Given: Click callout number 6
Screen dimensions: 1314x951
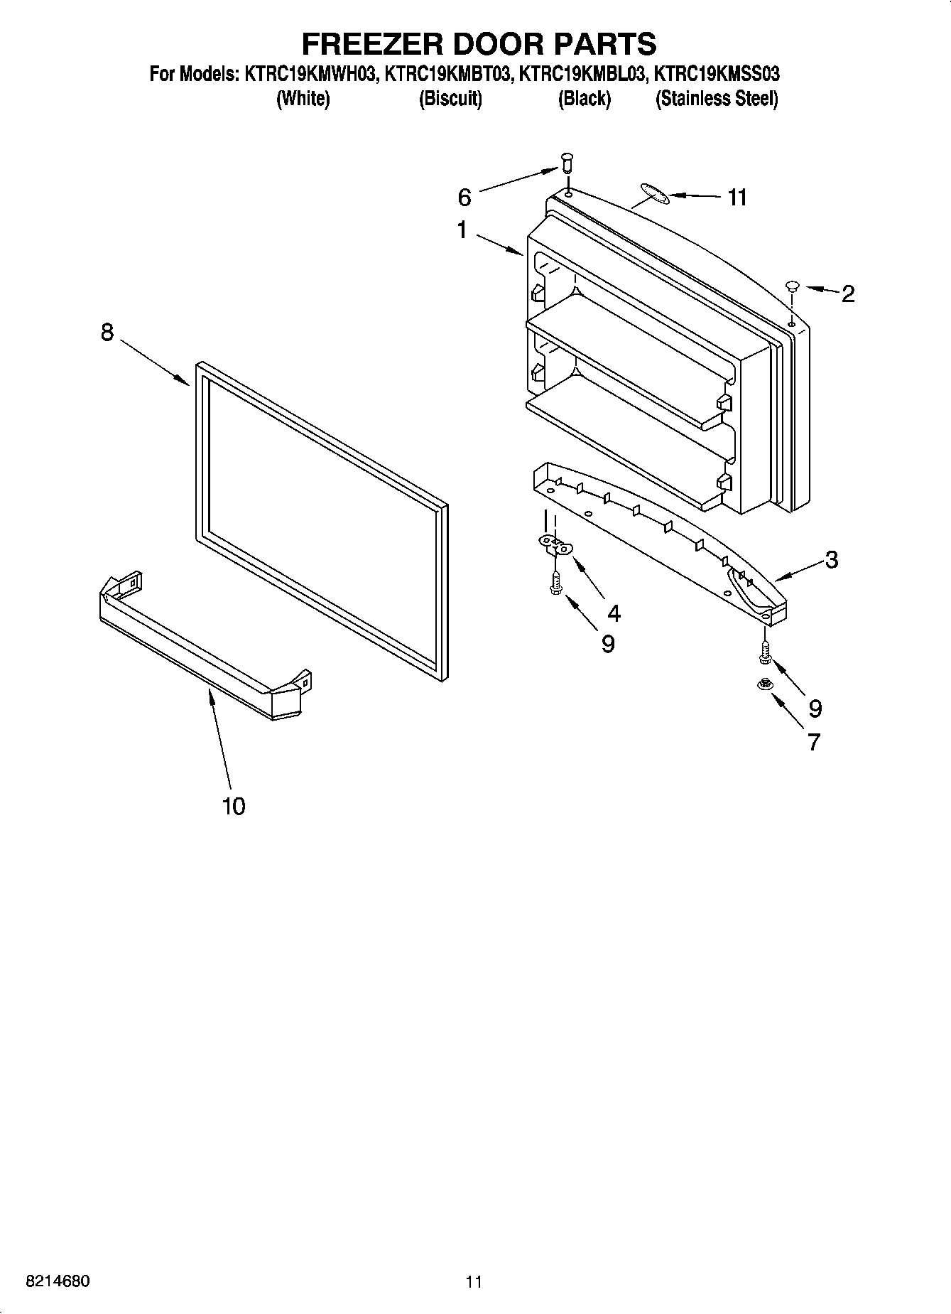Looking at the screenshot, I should (464, 196).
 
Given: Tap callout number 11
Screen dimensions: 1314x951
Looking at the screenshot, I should (737, 197).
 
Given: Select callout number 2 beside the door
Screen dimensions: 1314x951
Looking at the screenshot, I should (847, 294).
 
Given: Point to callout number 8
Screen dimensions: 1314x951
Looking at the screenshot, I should (107, 332).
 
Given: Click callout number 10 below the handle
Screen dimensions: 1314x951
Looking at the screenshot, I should (233, 806).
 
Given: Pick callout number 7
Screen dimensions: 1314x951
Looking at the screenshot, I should (814, 742).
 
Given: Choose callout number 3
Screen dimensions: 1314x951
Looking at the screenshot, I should (831, 559).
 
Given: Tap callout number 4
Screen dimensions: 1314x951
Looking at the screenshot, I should (614, 613).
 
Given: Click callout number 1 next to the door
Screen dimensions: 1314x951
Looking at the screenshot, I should (462, 230).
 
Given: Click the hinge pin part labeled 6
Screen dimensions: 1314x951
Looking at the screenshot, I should (566, 163).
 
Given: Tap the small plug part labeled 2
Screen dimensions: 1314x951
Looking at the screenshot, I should (793, 286).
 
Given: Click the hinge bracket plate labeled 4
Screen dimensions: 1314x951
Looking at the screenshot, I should (556, 545).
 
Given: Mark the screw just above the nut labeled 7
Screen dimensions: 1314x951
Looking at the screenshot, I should (765, 652).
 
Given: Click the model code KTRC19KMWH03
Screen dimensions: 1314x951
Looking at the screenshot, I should (310, 73).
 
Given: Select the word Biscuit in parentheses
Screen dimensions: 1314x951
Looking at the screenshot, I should (450, 99).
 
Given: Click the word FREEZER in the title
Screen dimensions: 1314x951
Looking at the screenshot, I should (371, 44).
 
